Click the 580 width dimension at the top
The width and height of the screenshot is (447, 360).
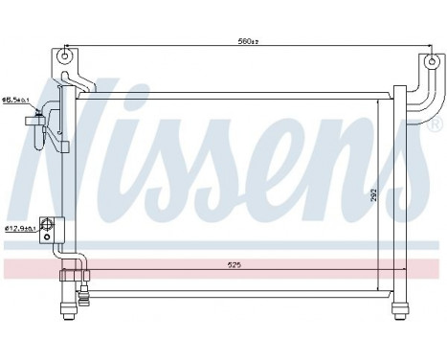(x=246, y=42)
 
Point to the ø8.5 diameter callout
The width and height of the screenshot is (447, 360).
(x=15, y=100)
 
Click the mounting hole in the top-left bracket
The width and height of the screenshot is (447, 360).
(x=66, y=55)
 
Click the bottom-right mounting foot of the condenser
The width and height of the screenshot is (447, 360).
(x=398, y=307)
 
